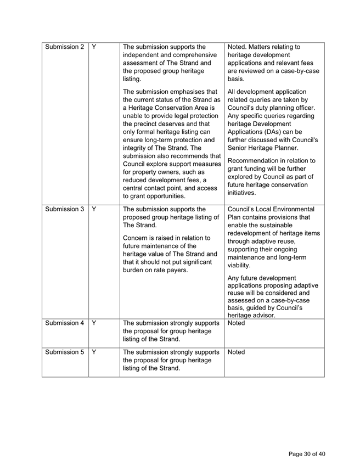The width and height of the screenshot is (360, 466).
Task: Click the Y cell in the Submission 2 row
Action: pyautogui.click(x=94, y=48)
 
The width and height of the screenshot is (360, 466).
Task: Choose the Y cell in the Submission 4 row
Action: pyautogui.click(x=94, y=323)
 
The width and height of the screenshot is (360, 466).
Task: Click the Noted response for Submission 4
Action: pyautogui.click(x=238, y=324)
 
